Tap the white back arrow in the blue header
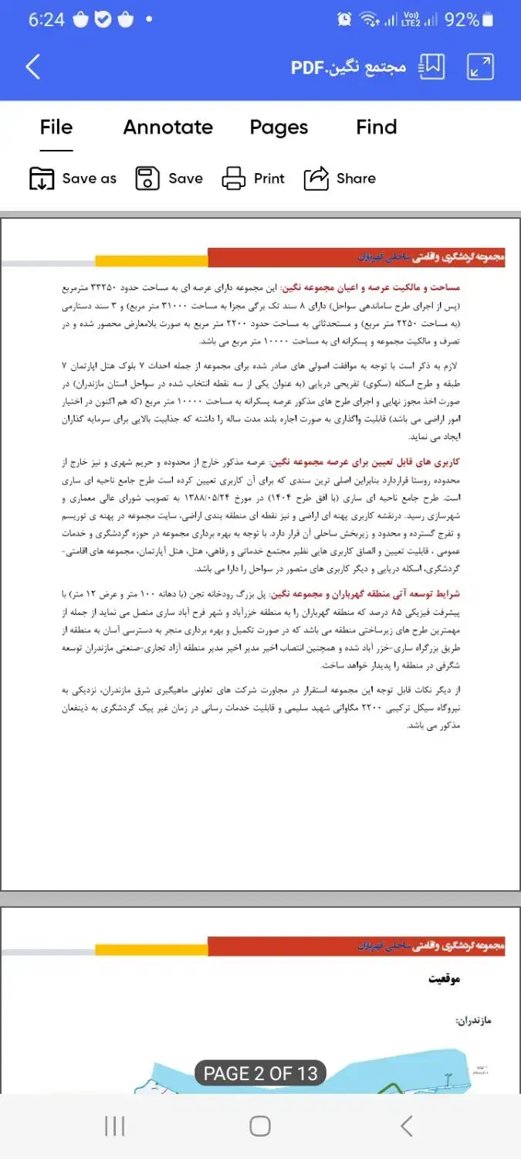(x=32, y=67)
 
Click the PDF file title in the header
(x=348, y=67)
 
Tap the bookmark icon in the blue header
(x=432, y=67)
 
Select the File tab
(x=56, y=127)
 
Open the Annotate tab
(x=167, y=127)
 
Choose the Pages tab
(x=279, y=127)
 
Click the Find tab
(x=377, y=127)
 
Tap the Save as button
(x=73, y=178)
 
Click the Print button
(x=253, y=178)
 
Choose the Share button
(x=340, y=178)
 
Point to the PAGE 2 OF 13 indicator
(x=260, y=1073)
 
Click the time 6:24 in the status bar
(x=46, y=20)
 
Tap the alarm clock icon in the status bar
(x=344, y=20)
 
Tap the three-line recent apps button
(x=114, y=1126)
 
